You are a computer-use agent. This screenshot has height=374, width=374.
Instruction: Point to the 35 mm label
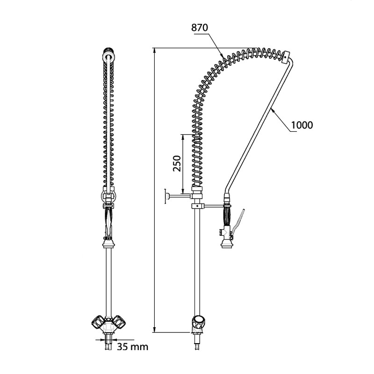tap(132, 346)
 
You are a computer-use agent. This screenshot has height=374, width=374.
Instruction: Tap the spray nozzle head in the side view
tap(229, 244)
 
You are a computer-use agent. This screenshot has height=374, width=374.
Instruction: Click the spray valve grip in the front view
tap(108, 222)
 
